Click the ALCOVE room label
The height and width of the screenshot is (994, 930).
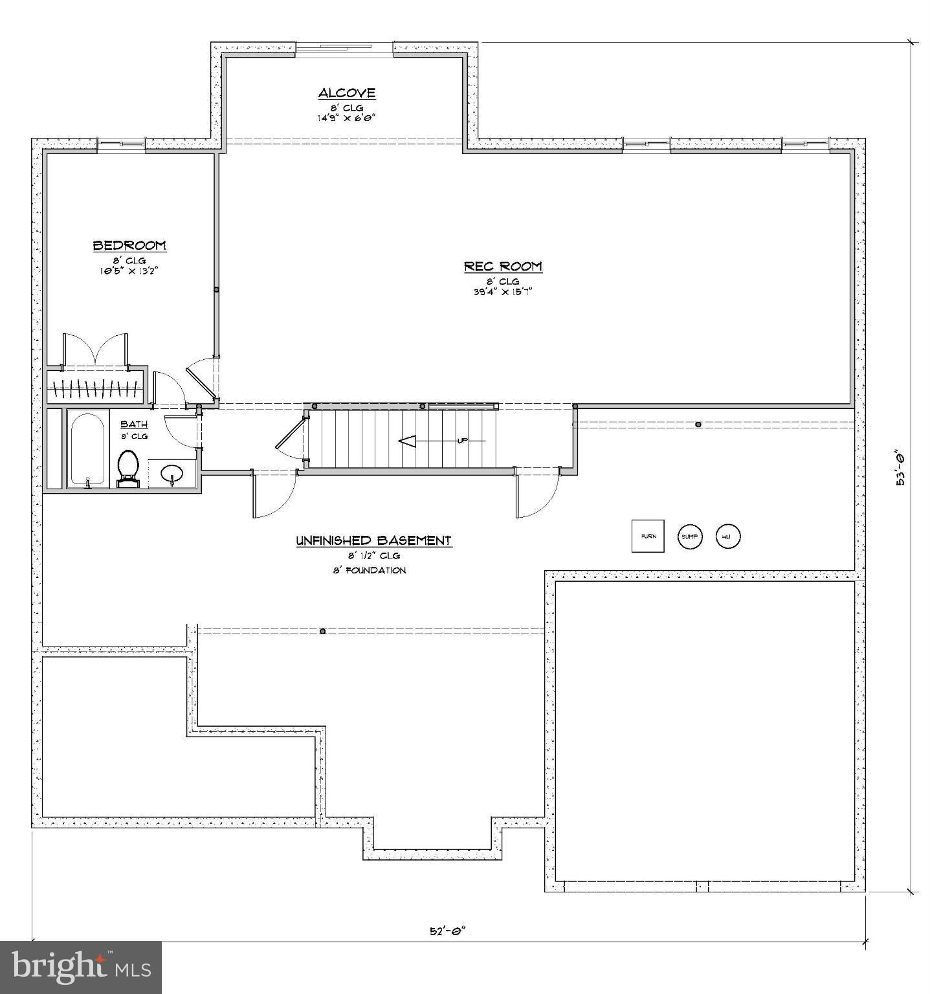[346, 93]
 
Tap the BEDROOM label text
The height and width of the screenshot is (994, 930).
[129, 245]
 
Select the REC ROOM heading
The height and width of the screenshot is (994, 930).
[503, 266]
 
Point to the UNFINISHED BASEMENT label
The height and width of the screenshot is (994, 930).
[373, 540]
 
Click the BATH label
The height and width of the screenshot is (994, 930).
[134, 425]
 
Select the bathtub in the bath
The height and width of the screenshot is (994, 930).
[87, 449]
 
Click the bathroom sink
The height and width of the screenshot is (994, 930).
[172, 473]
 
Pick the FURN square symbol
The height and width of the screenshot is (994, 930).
[648, 536]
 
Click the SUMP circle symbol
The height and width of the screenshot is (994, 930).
[689, 536]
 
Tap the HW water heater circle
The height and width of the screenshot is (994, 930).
[727, 536]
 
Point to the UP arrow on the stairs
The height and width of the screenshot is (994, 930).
[408, 441]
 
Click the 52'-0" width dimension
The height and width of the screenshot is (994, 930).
[448, 931]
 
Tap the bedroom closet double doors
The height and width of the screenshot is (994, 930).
[95, 349]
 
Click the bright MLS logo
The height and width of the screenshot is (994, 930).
[81, 967]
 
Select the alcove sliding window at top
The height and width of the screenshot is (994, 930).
[344, 49]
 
